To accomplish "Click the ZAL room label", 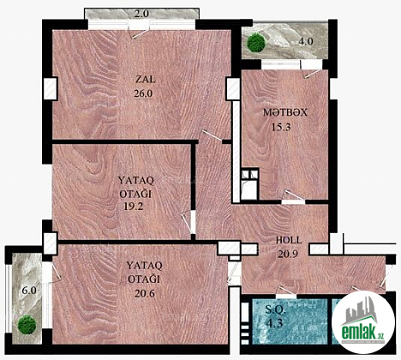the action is click(x=146, y=79).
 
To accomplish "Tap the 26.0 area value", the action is click(x=143, y=93).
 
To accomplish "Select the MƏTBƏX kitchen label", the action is click(x=285, y=112).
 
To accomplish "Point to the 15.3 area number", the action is click(x=281, y=127).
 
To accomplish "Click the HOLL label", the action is click(x=289, y=240).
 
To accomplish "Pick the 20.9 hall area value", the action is click(x=288, y=254).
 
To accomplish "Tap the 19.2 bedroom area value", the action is click(x=134, y=207).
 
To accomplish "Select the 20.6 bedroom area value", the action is click(x=145, y=293).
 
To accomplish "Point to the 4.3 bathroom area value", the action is click(x=274, y=323).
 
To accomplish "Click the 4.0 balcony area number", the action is click(x=306, y=42).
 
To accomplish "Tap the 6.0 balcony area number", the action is click(x=29, y=291).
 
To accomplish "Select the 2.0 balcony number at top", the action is click(x=141, y=14).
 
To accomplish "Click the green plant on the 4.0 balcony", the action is click(x=256, y=43).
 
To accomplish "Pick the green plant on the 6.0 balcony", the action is click(x=27, y=324).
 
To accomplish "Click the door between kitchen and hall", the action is click(x=293, y=197).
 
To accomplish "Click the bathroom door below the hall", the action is click(x=286, y=293).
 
